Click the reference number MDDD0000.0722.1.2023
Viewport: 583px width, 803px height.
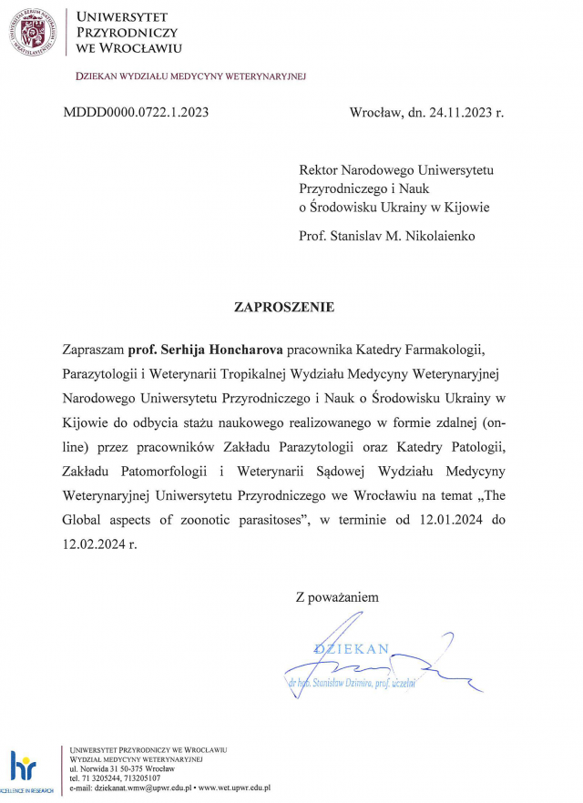[136, 113]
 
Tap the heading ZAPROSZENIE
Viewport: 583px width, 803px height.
[285, 307]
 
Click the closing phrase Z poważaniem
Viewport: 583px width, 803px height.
[336, 597]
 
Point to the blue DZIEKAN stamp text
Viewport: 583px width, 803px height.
[352, 649]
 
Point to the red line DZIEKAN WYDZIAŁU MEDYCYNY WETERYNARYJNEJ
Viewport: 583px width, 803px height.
[190, 76]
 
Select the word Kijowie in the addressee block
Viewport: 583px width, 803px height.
[467, 208]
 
